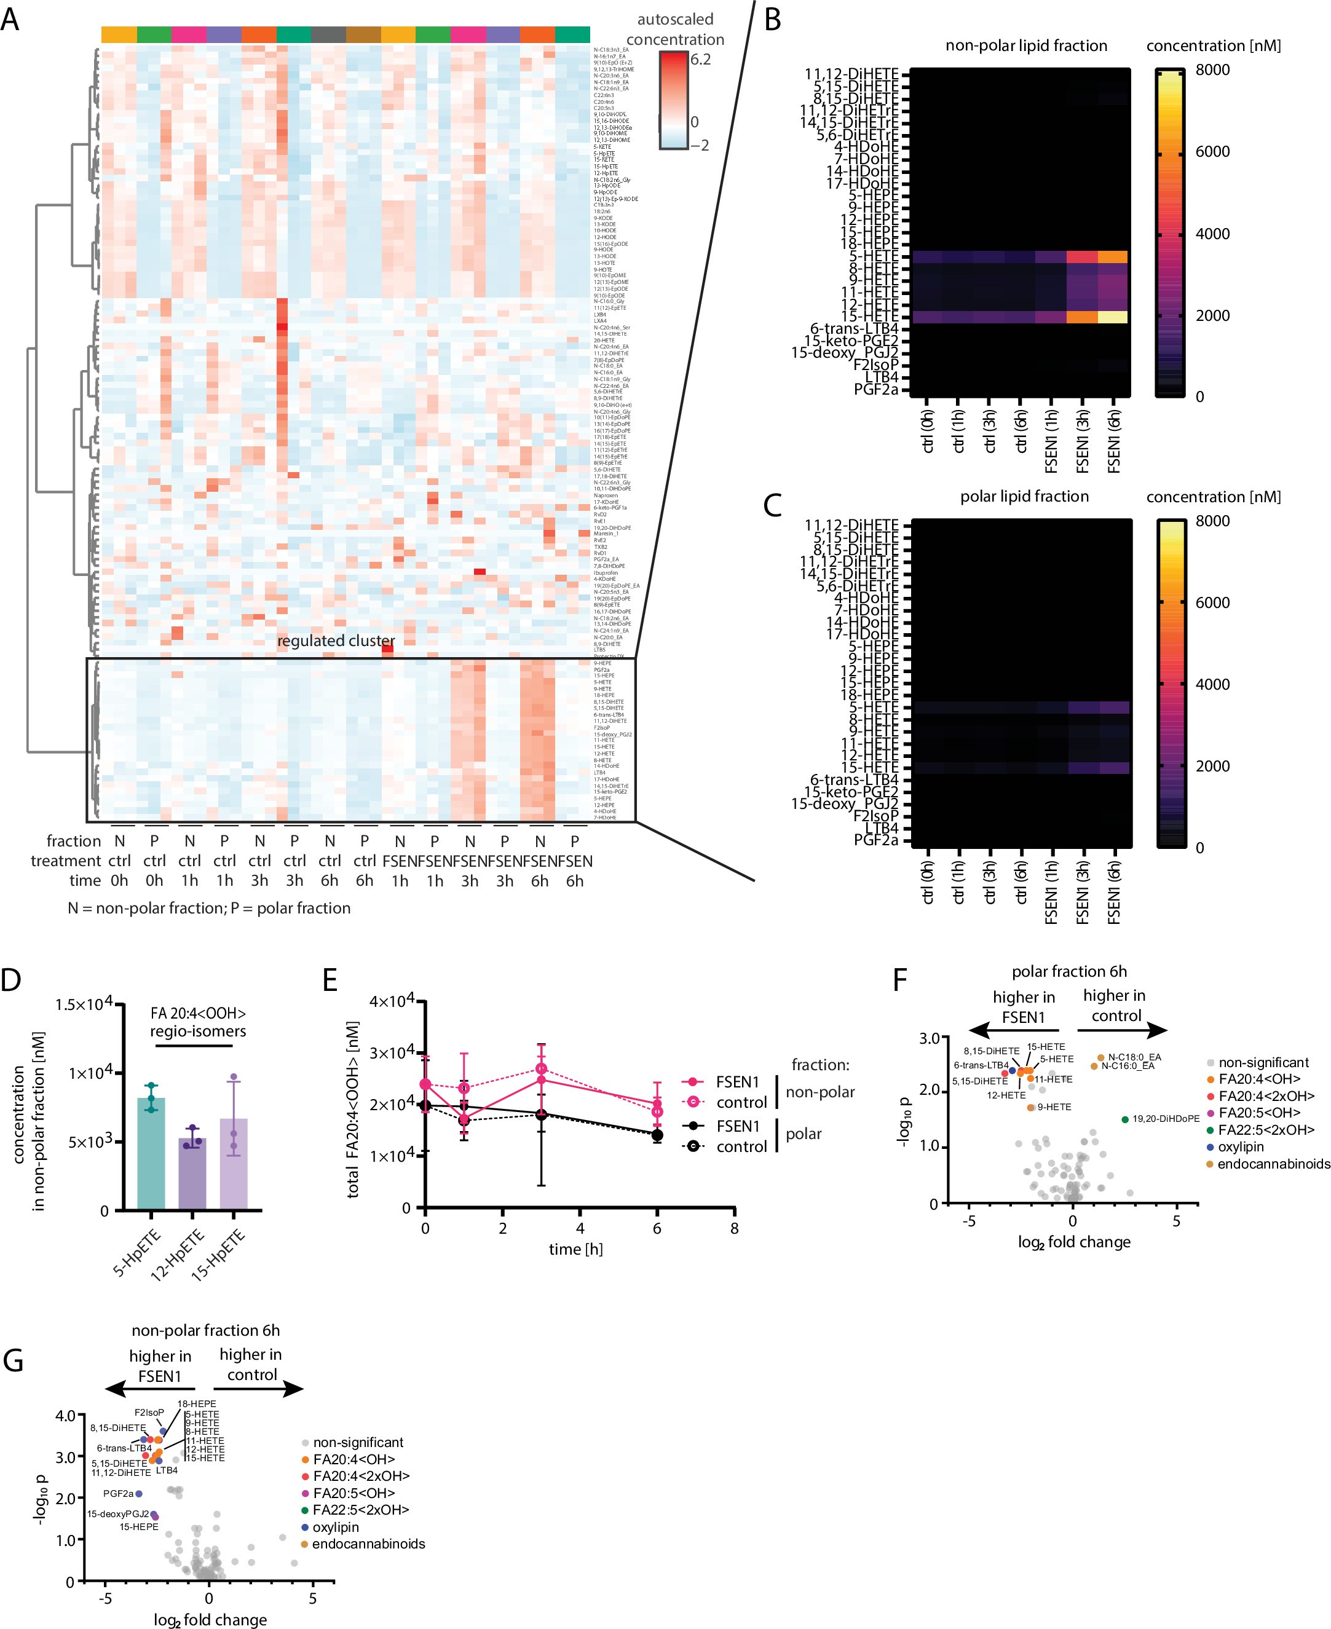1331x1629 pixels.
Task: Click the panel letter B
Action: point(773,20)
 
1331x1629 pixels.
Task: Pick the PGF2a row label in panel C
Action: point(875,840)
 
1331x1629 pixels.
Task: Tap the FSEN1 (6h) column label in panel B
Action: point(1114,437)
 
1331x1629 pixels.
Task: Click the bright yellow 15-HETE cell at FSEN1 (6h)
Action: point(1113,317)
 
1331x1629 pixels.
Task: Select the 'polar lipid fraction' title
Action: point(1024,497)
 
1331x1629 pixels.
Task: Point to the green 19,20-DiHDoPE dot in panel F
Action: point(1125,1120)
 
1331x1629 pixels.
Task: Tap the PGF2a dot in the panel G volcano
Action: point(139,1493)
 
